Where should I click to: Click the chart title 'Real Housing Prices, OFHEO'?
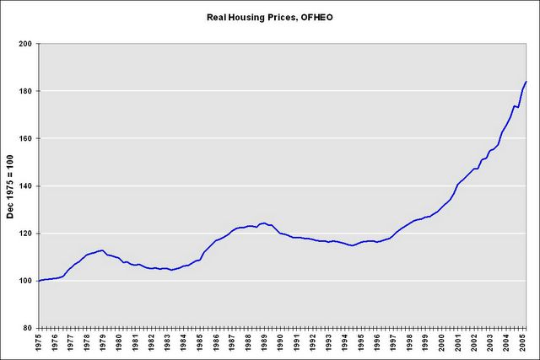[269, 16]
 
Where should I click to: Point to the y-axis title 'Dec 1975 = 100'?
[11, 185]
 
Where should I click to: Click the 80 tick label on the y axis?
[27, 328]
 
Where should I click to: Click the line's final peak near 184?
[526, 82]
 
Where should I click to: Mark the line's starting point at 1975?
[39, 281]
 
